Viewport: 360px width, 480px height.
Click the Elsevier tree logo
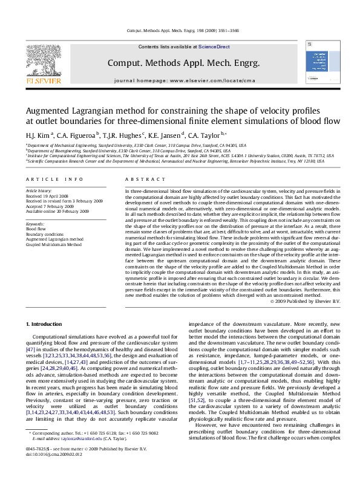tap(42, 61)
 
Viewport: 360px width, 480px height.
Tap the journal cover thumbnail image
tap(318, 65)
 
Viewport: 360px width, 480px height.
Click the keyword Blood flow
tap(35, 229)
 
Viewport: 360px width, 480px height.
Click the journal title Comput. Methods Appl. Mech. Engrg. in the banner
tap(183, 63)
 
